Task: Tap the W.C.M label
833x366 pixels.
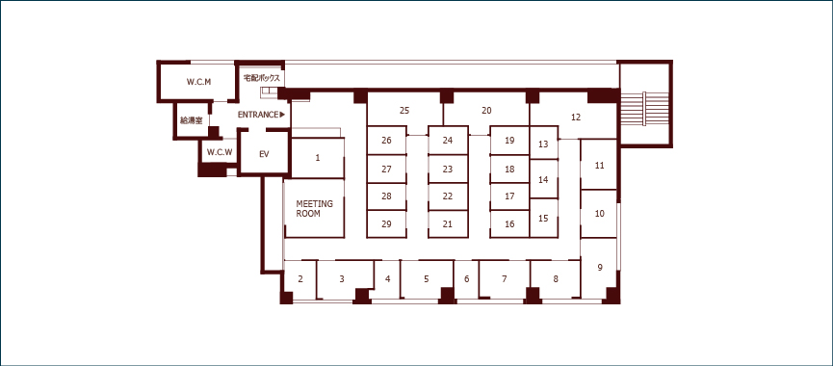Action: (x=199, y=82)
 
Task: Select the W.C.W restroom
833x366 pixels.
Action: (x=220, y=151)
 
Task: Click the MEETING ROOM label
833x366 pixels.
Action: (x=315, y=209)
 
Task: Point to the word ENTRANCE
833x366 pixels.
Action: (x=258, y=115)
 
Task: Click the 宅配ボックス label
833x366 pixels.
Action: (x=261, y=78)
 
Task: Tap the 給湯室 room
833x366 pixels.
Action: (x=192, y=120)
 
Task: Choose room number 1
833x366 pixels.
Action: (x=318, y=158)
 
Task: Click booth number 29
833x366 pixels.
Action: (x=387, y=223)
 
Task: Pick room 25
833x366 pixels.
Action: (x=404, y=110)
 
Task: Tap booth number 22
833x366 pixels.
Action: (x=448, y=196)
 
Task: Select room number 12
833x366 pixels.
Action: (x=576, y=117)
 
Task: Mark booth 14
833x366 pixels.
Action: (x=543, y=179)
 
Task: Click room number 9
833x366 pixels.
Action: (x=600, y=267)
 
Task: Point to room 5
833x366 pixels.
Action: (x=426, y=278)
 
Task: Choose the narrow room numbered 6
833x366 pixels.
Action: (x=466, y=279)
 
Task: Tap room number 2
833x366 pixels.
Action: (x=300, y=279)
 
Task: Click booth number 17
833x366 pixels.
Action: (x=509, y=196)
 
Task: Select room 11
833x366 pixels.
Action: (x=599, y=165)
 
